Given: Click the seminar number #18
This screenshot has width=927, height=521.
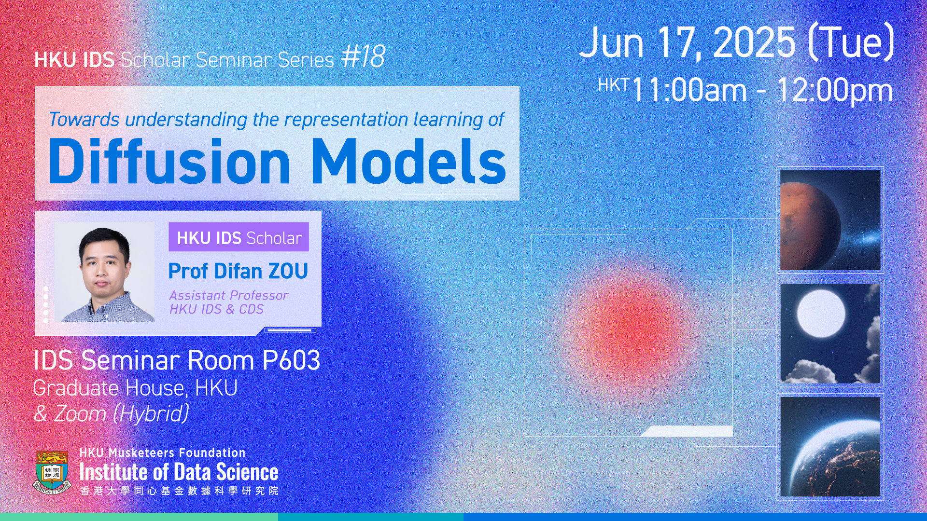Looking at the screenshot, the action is [363, 57].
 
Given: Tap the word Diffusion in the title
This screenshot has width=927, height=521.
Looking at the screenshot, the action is [169, 161].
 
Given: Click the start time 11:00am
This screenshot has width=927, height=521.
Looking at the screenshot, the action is [689, 90].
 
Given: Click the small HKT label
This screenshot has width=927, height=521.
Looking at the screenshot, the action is [613, 85].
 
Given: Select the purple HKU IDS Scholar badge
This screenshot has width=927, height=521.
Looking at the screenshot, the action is [239, 237].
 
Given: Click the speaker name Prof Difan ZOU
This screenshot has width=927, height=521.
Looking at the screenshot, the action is [238, 271].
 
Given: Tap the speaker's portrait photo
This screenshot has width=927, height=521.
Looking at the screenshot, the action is [104, 273].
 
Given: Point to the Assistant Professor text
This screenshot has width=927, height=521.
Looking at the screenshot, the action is [229, 295].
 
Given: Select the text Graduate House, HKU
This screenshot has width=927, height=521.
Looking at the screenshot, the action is [135, 388].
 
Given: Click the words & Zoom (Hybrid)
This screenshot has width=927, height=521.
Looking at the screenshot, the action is [112, 414].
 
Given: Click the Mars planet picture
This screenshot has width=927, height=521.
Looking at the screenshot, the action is [830, 220].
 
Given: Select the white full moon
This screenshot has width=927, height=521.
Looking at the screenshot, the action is [821, 314].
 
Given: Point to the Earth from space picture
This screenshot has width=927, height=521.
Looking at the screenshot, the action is [830, 446].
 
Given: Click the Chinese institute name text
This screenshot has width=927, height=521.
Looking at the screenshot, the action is [179, 491].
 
